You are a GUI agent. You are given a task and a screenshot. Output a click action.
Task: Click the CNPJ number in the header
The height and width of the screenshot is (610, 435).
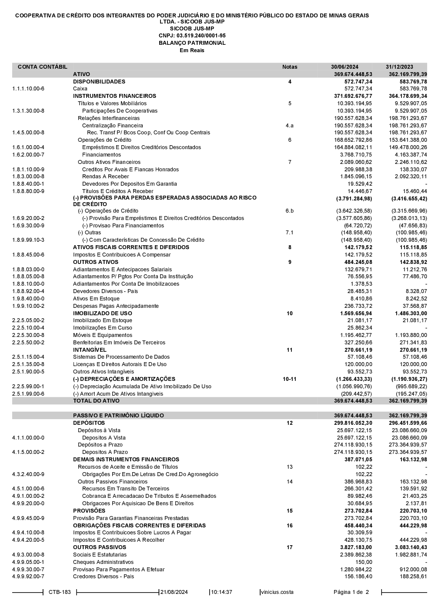(192, 36)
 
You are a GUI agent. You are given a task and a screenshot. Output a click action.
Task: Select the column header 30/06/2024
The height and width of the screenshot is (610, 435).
(345, 67)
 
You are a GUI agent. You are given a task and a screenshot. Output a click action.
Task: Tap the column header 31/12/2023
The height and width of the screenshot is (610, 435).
(399, 67)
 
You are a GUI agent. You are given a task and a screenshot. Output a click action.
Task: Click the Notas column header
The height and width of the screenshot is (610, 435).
(290, 67)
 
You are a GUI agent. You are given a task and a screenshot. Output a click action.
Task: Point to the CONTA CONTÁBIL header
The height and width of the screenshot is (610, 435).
(43, 67)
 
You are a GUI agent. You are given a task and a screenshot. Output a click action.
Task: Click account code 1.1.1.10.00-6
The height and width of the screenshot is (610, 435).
(28, 89)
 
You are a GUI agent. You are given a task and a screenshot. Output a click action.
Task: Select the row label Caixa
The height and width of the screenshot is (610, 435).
(80, 89)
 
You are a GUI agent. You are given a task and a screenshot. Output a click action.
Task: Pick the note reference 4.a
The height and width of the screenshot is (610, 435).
(290, 126)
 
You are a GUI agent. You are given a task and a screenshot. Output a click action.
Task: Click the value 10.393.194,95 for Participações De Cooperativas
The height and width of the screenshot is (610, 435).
(355, 111)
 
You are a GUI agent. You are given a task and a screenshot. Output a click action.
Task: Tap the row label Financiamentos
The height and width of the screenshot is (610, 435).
(101, 155)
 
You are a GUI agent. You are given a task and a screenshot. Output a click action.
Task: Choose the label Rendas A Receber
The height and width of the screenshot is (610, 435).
(105, 177)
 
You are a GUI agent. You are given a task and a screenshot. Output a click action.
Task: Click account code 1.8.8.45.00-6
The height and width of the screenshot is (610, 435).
(28, 255)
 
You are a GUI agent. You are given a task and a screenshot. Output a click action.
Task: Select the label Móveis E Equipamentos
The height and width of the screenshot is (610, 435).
(103, 335)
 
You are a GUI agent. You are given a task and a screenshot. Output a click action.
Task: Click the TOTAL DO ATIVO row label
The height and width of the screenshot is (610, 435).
(96, 401)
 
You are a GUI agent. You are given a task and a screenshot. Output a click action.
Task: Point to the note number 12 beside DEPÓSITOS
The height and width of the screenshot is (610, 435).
(290, 423)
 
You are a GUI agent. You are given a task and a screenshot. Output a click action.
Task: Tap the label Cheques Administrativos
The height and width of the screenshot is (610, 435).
(103, 562)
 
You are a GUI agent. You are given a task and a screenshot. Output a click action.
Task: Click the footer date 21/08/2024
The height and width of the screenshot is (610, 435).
(174, 592)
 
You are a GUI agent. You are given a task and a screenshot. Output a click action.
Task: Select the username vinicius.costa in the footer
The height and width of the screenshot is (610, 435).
(277, 592)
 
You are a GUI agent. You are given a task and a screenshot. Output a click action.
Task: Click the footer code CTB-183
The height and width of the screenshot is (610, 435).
(60, 592)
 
